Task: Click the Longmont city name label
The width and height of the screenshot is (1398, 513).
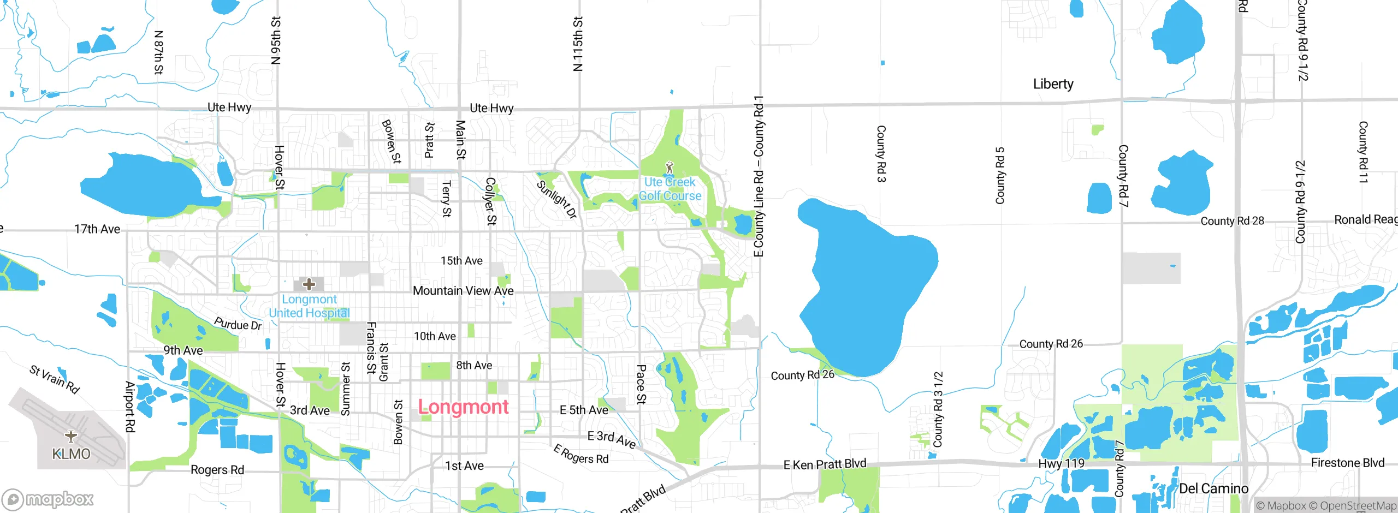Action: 463,407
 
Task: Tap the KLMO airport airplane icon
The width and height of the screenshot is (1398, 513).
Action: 71,436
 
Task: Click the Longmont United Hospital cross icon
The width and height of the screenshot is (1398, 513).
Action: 309,284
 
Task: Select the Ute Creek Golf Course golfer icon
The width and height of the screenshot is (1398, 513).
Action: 670,167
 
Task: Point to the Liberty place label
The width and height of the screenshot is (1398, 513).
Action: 1053,84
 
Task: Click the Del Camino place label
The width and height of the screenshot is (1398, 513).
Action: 1213,488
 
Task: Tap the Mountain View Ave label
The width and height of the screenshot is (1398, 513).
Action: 463,291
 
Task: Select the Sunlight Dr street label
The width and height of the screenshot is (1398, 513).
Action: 556,199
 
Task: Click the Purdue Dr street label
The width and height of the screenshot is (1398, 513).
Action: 238,324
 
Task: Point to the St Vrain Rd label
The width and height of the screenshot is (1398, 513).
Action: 55,379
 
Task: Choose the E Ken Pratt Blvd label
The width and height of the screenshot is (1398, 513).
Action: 825,464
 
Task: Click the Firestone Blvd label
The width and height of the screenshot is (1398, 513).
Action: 1347,463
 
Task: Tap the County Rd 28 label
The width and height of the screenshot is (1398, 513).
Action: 1232,221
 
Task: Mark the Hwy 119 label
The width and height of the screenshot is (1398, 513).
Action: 1061,464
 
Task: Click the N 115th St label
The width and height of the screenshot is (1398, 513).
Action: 578,44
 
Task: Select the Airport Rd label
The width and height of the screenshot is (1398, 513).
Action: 130,407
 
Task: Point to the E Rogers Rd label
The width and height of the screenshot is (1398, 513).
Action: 581,455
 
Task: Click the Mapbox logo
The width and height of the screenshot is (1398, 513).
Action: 48,499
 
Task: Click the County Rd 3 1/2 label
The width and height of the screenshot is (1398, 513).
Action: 938,409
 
